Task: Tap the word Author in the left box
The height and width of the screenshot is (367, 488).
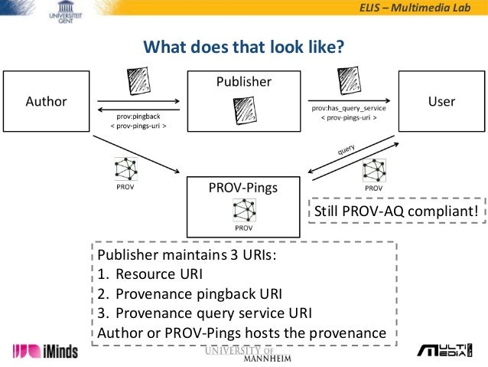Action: click(x=47, y=101)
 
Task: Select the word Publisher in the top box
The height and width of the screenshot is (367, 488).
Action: click(x=244, y=82)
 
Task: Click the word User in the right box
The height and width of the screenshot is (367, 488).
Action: click(x=441, y=101)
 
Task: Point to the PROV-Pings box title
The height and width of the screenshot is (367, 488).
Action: click(x=244, y=186)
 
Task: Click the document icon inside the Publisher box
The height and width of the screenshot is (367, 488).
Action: click(x=244, y=113)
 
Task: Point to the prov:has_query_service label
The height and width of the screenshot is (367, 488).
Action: click(x=349, y=110)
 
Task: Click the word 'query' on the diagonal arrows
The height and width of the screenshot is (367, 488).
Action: click(x=346, y=148)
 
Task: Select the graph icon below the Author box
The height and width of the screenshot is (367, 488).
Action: click(x=125, y=169)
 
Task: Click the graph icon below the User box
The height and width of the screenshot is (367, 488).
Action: click(x=374, y=170)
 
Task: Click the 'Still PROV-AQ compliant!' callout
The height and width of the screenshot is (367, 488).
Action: click(x=396, y=210)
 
